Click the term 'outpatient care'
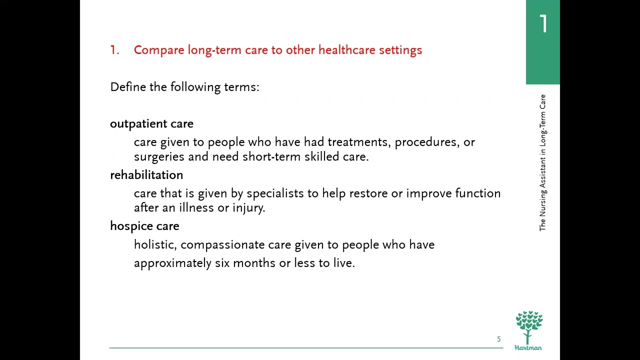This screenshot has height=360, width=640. (151, 124)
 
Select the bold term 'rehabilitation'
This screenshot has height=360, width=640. (146, 175)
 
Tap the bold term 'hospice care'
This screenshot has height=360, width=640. (144, 226)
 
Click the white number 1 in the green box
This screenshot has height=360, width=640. (543, 24)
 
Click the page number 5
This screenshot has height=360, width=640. (498, 339)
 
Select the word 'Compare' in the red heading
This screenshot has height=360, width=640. (159, 50)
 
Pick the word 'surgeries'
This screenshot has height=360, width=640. (159, 157)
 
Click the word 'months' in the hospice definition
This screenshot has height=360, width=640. (254, 263)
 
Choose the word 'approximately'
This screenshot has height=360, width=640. (172, 263)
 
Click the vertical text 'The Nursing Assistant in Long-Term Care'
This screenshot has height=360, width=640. (542, 162)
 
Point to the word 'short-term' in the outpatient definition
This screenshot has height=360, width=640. (267, 157)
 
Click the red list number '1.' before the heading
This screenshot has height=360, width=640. (114, 50)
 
